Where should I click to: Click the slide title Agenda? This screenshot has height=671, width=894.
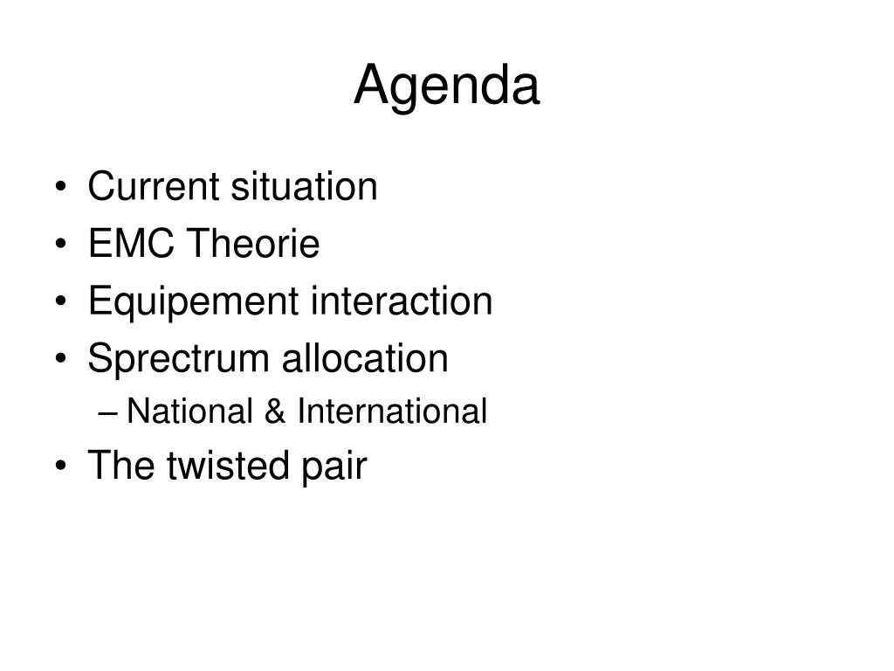pyautogui.click(x=446, y=86)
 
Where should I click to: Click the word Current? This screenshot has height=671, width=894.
pyautogui.click(x=154, y=186)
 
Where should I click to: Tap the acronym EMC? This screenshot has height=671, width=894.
pyautogui.click(x=131, y=244)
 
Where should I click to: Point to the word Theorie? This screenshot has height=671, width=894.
pyautogui.click(x=253, y=244)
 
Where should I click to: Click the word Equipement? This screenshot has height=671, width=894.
pyautogui.click(x=193, y=301)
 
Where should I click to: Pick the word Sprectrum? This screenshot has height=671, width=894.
pyautogui.click(x=178, y=359)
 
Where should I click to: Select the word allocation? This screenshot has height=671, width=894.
pyautogui.click(x=365, y=358)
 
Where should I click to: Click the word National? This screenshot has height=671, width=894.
pyautogui.click(x=189, y=411)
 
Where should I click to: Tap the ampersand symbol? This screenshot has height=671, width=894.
pyautogui.click(x=275, y=411)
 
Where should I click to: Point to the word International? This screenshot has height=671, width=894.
pyautogui.click(x=392, y=411)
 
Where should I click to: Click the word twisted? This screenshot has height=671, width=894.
pyautogui.click(x=228, y=465)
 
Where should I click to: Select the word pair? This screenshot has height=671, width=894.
pyautogui.click(x=334, y=467)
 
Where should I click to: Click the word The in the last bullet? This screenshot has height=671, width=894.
pyautogui.click(x=120, y=465)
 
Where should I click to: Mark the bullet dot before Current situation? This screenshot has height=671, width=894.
pyautogui.click(x=61, y=187)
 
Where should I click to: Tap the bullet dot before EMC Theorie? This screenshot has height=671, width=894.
pyautogui.click(x=61, y=245)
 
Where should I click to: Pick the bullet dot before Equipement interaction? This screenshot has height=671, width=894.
pyautogui.click(x=61, y=301)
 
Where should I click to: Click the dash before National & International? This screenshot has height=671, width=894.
pyautogui.click(x=107, y=412)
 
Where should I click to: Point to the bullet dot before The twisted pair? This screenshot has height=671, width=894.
pyautogui.click(x=61, y=466)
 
